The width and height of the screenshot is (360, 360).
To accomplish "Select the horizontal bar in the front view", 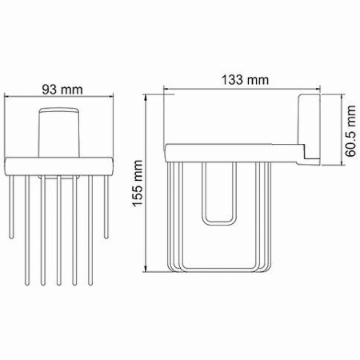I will [59, 165].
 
